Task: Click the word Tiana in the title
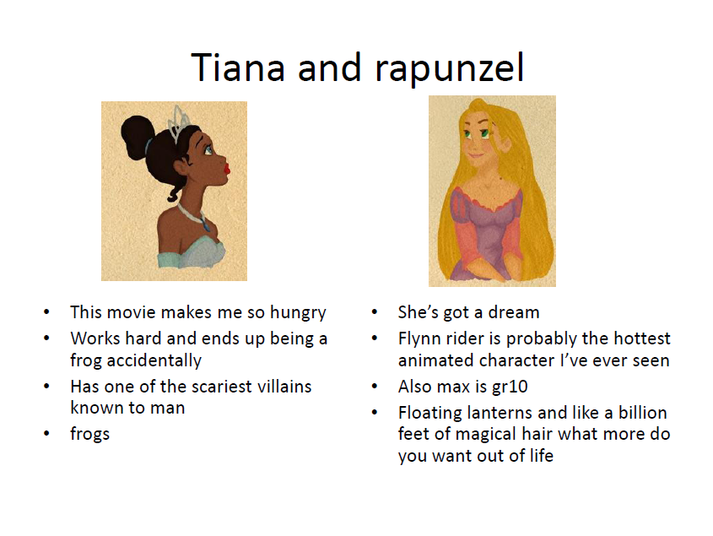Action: point(238,68)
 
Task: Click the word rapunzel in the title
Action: point(450,69)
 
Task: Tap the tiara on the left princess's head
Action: point(179,122)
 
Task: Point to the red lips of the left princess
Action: point(226,170)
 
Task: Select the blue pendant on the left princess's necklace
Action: point(207,225)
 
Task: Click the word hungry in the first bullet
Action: point(298,313)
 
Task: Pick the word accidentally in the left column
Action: point(154,361)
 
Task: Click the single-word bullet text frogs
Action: point(90,435)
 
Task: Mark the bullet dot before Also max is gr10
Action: point(375,387)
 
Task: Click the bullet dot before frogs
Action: point(46,434)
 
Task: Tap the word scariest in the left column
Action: point(222,387)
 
